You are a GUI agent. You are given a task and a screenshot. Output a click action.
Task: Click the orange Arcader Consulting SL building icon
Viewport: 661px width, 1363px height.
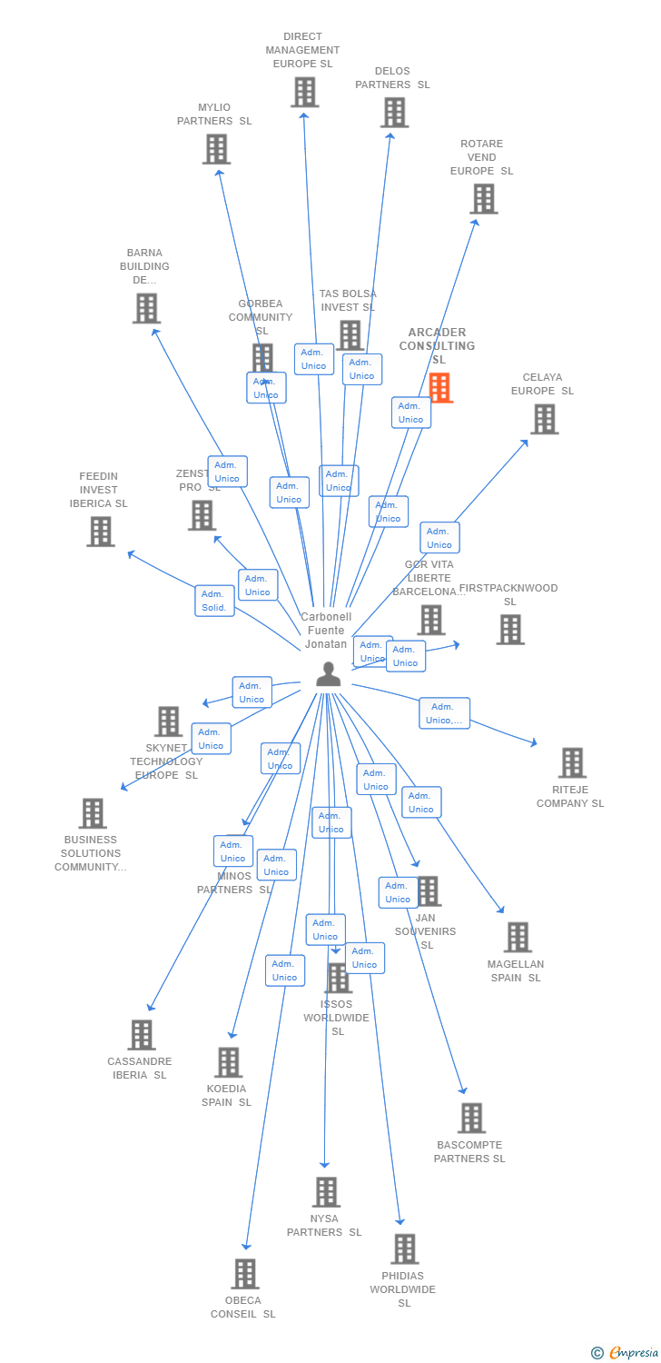click(x=440, y=388)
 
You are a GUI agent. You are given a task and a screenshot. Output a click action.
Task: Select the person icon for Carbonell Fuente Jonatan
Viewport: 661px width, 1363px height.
click(x=328, y=674)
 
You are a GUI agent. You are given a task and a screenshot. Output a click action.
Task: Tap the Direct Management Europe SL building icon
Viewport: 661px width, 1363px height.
click(x=305, y=93)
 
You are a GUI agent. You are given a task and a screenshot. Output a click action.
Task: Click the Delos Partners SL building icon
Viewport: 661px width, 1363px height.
click(x=394, y=113)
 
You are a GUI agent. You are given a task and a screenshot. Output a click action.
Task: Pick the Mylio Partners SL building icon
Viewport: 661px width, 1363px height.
click(x=216, y=149)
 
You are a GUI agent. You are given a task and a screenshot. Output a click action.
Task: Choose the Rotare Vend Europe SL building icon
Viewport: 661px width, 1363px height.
click(x=483, y=199)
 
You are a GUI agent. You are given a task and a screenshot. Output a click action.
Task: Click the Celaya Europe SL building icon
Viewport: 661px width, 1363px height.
click(x=544, y=419)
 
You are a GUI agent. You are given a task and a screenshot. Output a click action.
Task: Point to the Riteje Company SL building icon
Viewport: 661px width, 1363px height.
click(x=572, y=763)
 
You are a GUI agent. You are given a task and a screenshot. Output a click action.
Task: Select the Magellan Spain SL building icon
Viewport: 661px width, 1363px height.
click(x=518, y=937)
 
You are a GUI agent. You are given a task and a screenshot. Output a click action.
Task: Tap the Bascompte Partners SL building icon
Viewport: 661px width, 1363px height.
click(x=471, y=1118)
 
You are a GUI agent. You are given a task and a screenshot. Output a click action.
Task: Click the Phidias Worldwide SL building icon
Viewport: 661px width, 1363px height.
click(x=405, y=1249)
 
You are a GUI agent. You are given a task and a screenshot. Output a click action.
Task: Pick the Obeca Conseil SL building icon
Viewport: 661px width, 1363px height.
click(x=244, y=1274)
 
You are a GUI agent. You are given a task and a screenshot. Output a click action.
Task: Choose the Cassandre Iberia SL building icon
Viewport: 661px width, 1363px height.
click(x=141, y=1035)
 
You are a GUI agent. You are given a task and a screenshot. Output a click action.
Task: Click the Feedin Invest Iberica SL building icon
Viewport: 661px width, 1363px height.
click(x=101, y=532)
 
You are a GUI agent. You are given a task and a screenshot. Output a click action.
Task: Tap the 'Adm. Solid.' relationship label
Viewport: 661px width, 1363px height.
click(x=214, y=601)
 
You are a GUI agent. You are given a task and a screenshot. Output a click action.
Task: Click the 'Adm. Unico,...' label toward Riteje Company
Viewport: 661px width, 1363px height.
click(x=444, y=713)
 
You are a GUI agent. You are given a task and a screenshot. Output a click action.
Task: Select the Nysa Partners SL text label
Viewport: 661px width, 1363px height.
click(x=324, y=1225)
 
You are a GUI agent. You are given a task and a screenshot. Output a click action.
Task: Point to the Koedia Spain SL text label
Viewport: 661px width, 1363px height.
click(x=226, y=1095)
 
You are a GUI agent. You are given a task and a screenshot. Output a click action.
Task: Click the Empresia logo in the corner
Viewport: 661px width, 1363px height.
click(x=626, y=1353)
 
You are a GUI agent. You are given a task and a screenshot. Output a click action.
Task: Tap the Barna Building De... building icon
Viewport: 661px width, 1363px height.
click(x=146, y=309)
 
